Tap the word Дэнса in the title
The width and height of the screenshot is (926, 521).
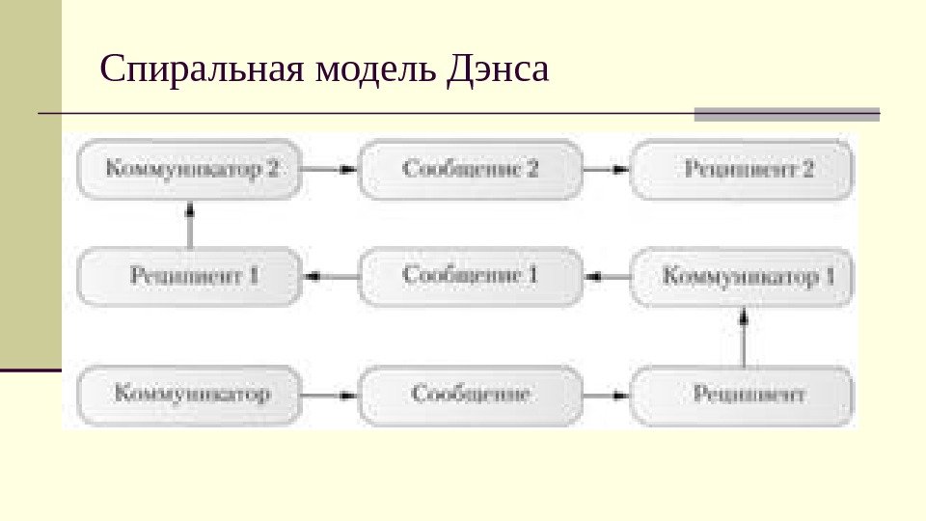pos(498,71)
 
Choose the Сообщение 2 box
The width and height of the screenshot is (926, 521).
pos(471,169)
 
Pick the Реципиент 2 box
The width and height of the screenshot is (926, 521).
pos(743,169)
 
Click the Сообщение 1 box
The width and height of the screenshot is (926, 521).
pos(471,276)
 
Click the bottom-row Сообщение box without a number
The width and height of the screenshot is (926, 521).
pos(471,395)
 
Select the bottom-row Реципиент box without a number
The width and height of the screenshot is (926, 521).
pos(743,395)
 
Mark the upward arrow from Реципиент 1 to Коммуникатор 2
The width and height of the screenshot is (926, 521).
pos(190,224)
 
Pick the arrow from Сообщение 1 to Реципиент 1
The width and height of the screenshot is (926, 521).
pos(329,277)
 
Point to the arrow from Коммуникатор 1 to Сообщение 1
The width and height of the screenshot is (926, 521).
pos(607,277)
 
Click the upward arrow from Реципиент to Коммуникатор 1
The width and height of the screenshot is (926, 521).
pos(744,337)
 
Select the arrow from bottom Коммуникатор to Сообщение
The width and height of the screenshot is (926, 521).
pos(329,395)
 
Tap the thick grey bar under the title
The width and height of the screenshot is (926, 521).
pos(787,114)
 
